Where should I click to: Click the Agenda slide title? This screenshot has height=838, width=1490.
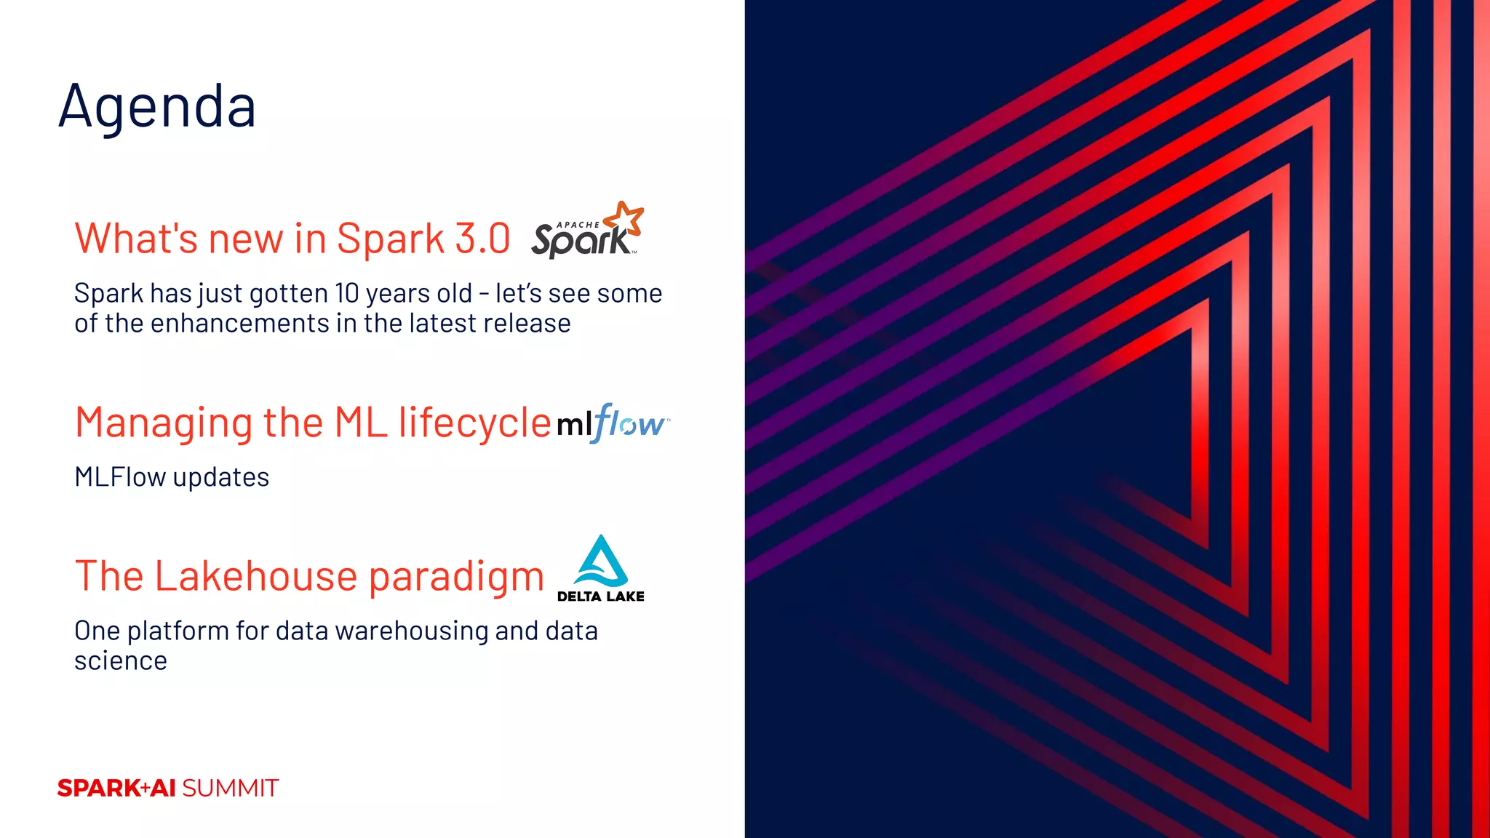pos(157,107)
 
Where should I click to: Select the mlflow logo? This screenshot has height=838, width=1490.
pos(612,423)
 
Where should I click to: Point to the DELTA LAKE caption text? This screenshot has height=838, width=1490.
pos(600,596)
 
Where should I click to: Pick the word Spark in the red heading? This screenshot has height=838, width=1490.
pos(391,239)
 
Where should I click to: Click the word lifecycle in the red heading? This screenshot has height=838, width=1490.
pos(474,423)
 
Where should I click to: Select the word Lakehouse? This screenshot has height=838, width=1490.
pos(255,576)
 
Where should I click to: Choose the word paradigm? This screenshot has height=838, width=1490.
pos(456,578)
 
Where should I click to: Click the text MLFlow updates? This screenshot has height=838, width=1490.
pos(172,477)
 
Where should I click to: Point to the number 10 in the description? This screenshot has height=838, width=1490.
pos(347,293)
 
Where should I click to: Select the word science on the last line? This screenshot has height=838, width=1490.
pos(121,661)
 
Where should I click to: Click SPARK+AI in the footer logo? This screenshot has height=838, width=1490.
pos(116,788)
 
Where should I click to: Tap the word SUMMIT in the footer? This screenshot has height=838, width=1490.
pos(230,788)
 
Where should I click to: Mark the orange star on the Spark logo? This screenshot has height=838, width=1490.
pos(625,218)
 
